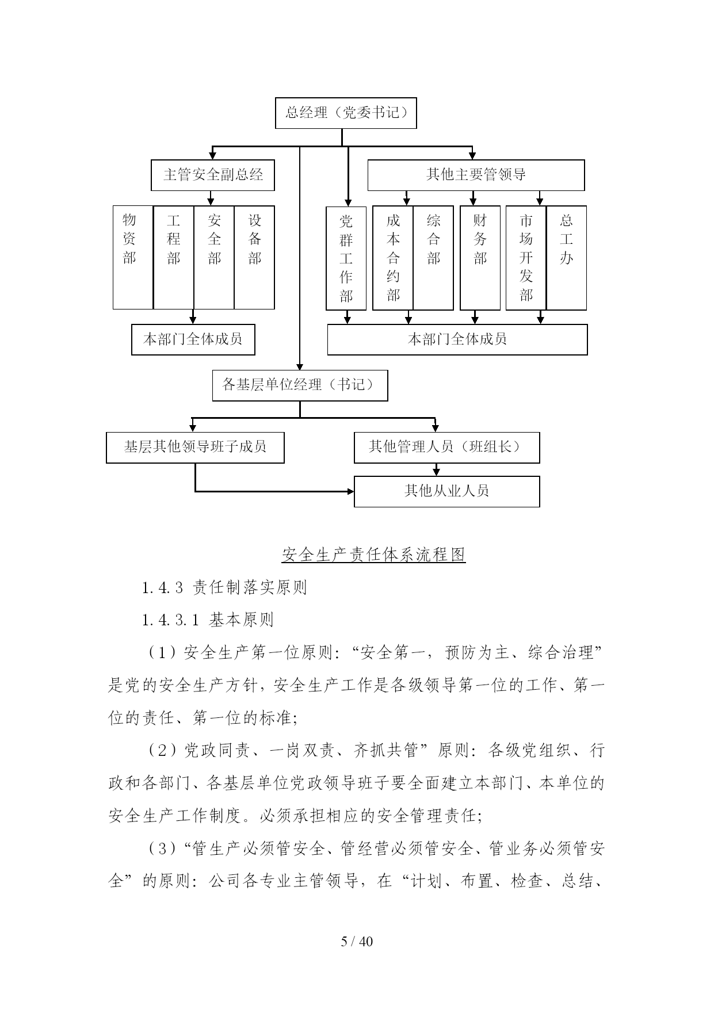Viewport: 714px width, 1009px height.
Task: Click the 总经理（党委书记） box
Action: (346, 113)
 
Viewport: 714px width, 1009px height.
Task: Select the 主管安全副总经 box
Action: (212, 175)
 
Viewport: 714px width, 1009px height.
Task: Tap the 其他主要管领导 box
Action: (476, 175)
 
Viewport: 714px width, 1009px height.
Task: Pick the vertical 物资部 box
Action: (133, 257)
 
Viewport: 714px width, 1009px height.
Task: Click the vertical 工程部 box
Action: (173, 257)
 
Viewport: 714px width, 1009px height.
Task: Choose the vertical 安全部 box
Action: (214, 257)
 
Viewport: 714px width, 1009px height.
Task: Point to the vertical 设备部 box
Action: (254, 257)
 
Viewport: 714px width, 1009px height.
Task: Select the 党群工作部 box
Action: (346, 258)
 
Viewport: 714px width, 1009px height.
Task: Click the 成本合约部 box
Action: (393, 258)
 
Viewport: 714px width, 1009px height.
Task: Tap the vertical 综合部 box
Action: (433, 258)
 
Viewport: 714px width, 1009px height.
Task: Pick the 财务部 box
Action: (480, 258)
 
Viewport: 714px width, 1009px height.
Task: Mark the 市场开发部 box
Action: (526, 258)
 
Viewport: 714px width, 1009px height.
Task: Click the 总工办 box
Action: (566, 258)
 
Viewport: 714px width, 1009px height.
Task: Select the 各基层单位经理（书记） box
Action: (300, 385)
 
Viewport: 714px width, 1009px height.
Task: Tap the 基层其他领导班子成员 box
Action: (195, 448)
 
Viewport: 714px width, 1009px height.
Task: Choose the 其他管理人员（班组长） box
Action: (446, 448)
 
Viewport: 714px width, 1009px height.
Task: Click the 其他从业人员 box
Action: (446, 491)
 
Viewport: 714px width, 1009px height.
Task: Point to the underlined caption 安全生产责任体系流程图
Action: (373, 555)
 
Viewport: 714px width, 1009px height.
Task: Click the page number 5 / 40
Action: (357, 942)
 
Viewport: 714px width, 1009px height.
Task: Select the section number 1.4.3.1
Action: (171, 620)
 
